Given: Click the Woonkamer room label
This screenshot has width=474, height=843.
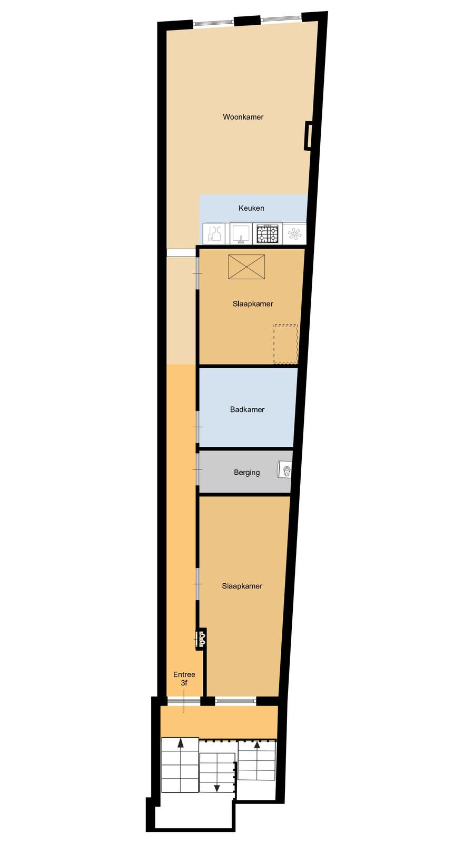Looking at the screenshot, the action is [243, 117].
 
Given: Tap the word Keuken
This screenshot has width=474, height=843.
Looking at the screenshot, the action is [251, 208].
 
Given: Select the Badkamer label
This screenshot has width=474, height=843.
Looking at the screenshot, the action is [247, 409].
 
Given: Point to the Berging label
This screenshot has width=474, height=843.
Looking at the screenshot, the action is [247, 472].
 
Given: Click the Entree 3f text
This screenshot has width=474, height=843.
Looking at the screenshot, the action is [184, 679].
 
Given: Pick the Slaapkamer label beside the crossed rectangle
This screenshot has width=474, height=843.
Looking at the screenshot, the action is [253, 303].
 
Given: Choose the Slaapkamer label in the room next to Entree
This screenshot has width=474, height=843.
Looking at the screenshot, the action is [242, 586].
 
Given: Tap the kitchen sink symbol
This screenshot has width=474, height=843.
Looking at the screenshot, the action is [241, 234].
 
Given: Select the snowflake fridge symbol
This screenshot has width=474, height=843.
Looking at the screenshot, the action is [294, 234].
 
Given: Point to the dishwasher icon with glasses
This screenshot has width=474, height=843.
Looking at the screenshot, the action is [214, 234].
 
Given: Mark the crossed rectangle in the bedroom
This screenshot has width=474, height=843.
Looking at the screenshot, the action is [246, 267].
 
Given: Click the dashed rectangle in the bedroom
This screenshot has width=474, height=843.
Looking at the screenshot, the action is [285, 344].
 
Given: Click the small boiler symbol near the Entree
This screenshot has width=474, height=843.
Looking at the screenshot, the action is [201, 639].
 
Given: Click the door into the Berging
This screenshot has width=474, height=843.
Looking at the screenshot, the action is [197, 469].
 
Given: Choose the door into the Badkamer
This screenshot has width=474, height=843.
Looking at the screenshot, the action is [197, 427].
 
